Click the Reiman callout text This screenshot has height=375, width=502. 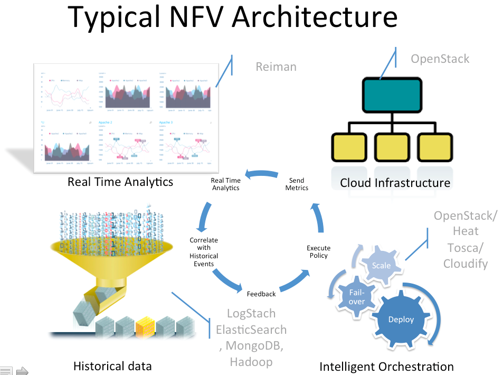pos(276,67)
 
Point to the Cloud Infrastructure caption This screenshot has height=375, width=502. pos(395,183)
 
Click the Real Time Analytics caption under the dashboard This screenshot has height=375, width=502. pos(120,182)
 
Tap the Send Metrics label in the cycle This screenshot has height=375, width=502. pos(297,184)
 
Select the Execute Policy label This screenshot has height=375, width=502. pos(318,251)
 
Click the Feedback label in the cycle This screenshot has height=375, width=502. pos(261,294)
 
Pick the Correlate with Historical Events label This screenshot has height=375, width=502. pos(204,251)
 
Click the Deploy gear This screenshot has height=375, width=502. pos(401,319)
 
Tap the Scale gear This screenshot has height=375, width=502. pos(381,265)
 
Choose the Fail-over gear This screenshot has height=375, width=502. pos(357,296)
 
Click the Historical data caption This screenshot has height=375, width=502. pos(112,366)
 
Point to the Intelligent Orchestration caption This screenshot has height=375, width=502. pos(386,367)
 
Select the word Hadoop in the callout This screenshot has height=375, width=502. pos(251,362)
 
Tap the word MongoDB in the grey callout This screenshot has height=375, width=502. pos(255,346)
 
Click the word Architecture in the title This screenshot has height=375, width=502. pos(315,17)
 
